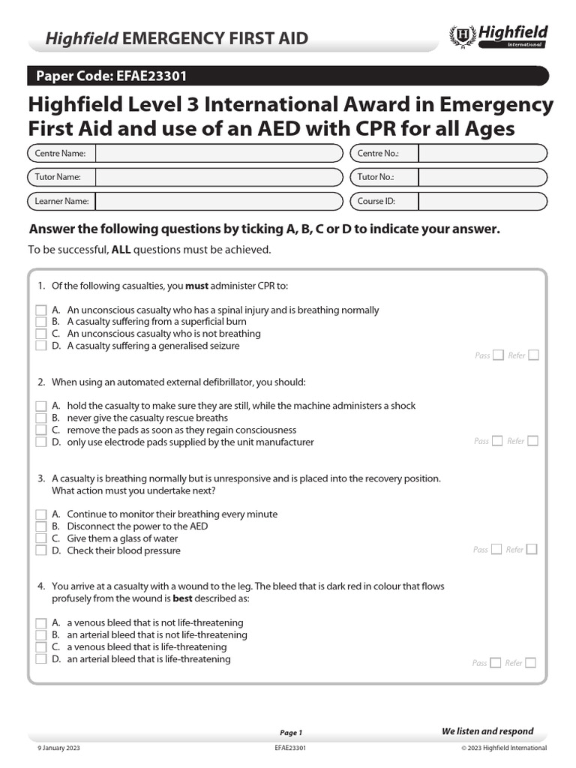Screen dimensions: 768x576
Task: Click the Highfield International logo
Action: click(x=498, y=36)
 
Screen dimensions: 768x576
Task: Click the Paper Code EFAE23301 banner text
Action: click(x=107, y=76)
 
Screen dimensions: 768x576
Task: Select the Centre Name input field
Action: click(x=217, y=154)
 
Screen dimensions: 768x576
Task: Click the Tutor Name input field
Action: click(x=217, y=178)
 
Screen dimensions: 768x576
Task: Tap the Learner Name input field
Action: click(x=217, y=202)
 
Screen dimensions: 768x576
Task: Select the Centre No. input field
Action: click(x=482, y=154)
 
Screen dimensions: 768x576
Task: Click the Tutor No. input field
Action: click(x=482, y=178)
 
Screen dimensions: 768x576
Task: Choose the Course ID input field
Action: click(x=482, y=202)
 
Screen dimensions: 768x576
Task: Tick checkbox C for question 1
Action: click(x=41, y=334)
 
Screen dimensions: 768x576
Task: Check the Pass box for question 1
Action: click(x=498, y=355)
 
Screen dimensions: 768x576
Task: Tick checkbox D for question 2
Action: click(x=41, y=442)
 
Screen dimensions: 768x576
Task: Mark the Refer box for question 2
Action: click(x=532, y=441)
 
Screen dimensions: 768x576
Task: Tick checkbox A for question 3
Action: click(x=41, y=514)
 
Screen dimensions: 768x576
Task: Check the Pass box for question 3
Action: click(x=497, y=550)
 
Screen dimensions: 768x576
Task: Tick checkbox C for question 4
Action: click(x=41, y=647)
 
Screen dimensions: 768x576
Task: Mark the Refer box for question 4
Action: click(x=531, y=663)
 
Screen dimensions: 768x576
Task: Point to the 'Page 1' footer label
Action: click(x=290, y=733)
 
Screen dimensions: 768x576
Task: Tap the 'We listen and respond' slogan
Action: click(x=487, y=731)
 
